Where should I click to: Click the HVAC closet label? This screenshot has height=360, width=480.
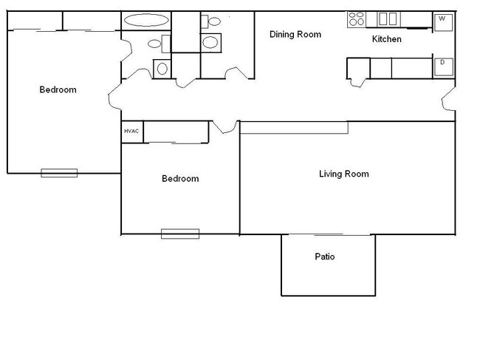tap(131, 131)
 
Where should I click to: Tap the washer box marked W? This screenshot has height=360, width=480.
tap(442, 19)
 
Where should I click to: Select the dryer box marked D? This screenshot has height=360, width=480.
tap(442, 63)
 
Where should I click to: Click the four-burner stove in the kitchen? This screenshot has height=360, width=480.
tap(357, 18)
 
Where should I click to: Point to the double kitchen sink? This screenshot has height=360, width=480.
tap(388, 18)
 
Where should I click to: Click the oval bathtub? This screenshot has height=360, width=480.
tap(145, 21)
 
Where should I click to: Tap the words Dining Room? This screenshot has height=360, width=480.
tap(295, 34)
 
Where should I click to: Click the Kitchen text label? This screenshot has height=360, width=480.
tap(386, 39)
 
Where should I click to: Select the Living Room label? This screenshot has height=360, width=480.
tap(343, 174)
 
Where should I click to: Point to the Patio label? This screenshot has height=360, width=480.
tap(325, 257)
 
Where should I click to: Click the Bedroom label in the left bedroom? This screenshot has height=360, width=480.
tap(58, 90)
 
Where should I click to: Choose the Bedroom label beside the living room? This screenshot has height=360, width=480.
tap(180, 179)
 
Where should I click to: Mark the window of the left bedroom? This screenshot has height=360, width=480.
tap(59, 173)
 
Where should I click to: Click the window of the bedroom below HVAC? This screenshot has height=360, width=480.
tap(180, 234)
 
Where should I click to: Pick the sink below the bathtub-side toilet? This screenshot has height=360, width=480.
tap(162, 69)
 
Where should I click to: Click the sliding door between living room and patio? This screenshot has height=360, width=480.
tap(328, 234)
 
